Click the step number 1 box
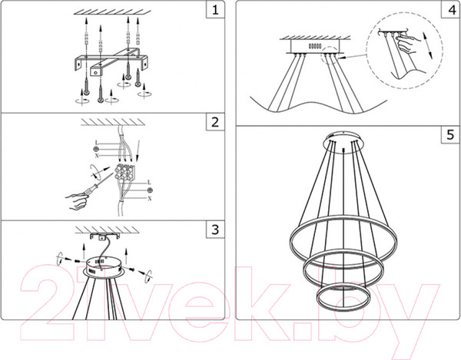pyautogui.click(x=215, y=10)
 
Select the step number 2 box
pyautogui.click(x=215, y=122)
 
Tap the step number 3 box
pyautogui.click(x=215, y=230)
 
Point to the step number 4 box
pyautogui.click(x=450, y=10)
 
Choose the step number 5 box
pyautogui.click(x=450, y=135)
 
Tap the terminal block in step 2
pyautogui.click(x=125, y=171)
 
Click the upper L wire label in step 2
pyautogui.click(x=96, y=143)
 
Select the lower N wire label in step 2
pyautogui.click(x=150, y=199)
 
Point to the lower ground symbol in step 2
pyautogui.click(x=150, y=190)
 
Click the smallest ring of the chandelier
pyautogui.click(x=343, y=297)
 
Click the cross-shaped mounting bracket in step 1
pyautogui.click(x=110, y=61)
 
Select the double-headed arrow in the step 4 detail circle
pyautogui.click(x=427, y=45)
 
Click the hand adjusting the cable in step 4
pyautogui.click(x=407, y=43)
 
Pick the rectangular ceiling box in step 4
pyautogui.click(x=314, y=46)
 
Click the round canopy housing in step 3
pyautogui.click(x=104, y=266)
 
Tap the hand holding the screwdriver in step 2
pyautogui.click(x=77, y=200)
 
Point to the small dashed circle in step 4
pyautogui.click(x=330, y=55)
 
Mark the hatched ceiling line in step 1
pyautogui.click(x=112, y=12)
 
